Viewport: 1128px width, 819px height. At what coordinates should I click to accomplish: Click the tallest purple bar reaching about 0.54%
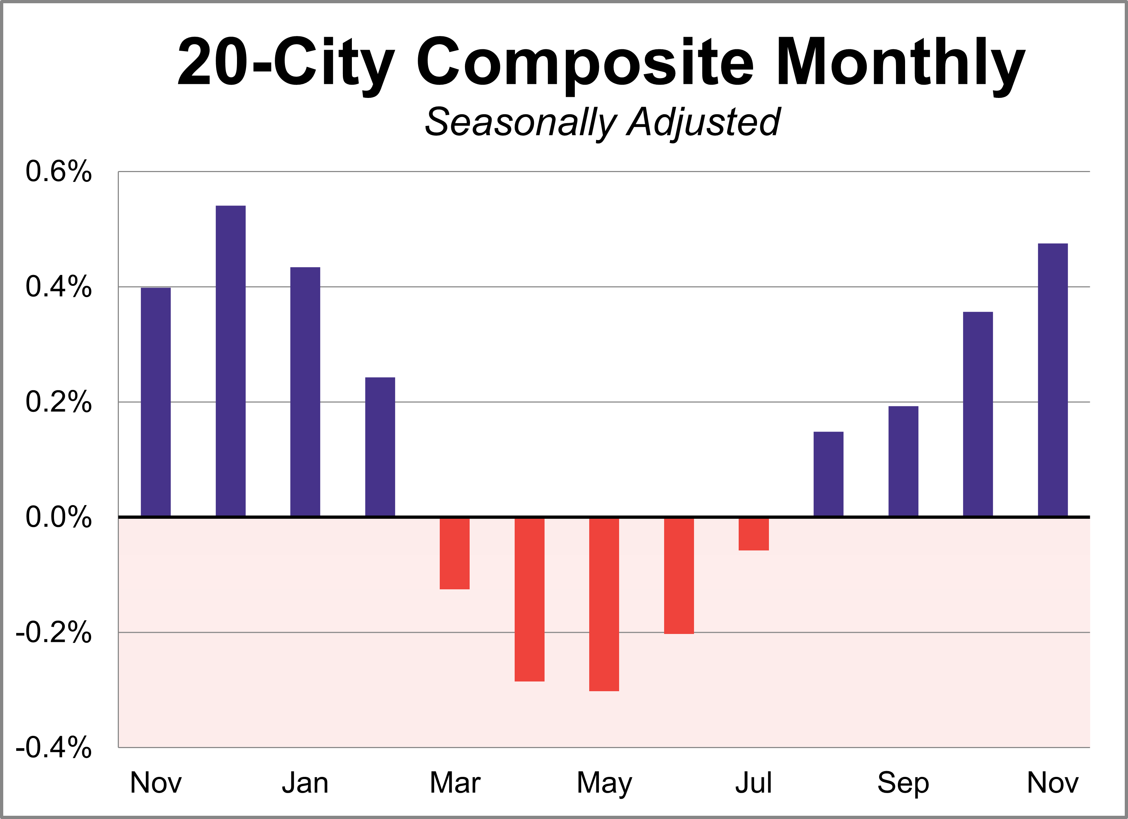[230, 360]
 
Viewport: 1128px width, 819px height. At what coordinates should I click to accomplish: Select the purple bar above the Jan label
[305, 391]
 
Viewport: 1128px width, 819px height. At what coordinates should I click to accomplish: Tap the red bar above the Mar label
[455, 553]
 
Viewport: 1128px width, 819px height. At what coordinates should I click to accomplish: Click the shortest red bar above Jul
[753, 534]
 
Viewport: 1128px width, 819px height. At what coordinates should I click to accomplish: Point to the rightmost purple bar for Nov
[1053, 379]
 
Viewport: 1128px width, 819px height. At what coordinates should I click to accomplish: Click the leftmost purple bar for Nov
[156, 402]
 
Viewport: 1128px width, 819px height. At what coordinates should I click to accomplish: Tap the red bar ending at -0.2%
[679, 575]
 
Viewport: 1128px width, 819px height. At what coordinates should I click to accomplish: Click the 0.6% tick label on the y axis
[59, 172]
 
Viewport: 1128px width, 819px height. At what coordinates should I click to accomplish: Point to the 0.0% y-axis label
[59, 517]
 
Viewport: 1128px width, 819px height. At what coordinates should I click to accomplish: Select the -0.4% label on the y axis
[54, 747]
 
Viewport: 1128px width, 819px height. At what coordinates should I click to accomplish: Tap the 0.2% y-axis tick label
[59, 402]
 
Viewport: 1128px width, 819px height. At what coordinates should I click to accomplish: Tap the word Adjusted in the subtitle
[703, 122]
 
